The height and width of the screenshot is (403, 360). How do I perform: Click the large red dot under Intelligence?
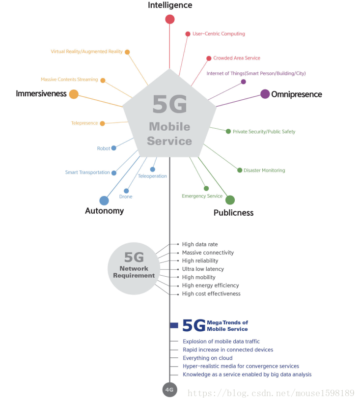click(170, 19)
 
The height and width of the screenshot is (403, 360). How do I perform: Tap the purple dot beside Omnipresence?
click(265, 94)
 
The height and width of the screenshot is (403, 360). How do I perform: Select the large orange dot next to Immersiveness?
click(74, 94)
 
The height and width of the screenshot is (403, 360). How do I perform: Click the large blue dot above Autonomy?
click(104, 201)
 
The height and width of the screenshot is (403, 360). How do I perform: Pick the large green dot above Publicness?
click(230, 200)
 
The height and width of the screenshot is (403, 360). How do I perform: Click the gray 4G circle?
click(169, 390)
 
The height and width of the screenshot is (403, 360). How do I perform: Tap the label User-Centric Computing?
click(219, 34)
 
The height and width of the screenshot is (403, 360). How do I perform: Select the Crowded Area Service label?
click(237, 58)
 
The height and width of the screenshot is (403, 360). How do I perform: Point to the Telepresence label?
click(84, 123)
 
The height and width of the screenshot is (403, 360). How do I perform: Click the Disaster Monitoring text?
click(264, 171)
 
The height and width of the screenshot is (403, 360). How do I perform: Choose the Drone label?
click(126, 197)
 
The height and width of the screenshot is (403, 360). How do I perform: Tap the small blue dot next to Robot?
click(113, 148)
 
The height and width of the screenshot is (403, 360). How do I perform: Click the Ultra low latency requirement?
click(203, 269)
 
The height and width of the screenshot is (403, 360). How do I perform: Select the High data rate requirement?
click(200, 244)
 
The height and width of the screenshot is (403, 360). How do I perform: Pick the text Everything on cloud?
click(208, 358)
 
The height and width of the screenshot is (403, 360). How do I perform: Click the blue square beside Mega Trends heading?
click(174, 325)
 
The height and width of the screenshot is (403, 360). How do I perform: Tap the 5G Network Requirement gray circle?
click(134, 269)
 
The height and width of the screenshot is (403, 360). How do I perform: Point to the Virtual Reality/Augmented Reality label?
click(87, 52)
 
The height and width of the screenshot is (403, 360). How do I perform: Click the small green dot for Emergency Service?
click(206, 188)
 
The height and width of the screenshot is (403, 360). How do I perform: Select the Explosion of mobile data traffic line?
click(221, 341)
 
